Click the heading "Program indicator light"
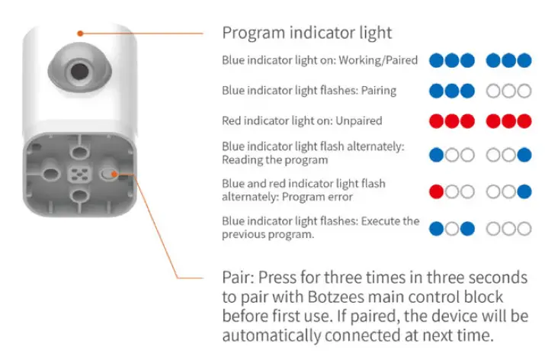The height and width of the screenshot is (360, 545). point(307,33)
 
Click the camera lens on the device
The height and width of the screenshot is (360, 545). point(78,70)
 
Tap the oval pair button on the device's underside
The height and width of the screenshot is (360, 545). point(109,174)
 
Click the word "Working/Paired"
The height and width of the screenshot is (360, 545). point(380,59)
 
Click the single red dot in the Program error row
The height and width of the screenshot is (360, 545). point(437,191)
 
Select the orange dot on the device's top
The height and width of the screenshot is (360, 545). point(80,32)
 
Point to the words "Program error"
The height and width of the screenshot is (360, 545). point(315,197)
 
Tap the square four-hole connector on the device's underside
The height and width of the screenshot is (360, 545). point(79,174)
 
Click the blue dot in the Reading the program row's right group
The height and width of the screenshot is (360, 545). point(524,155)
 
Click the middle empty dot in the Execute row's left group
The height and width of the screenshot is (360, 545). point(452,228)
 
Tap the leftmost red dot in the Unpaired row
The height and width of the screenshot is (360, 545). point(437,121)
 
